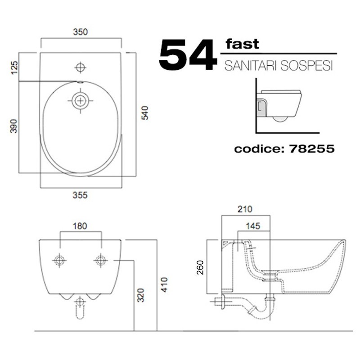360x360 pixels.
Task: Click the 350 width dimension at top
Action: (81, 32)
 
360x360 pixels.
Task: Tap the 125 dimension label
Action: (14, 68)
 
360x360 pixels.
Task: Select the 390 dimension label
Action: (14, 126)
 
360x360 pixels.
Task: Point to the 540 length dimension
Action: (144, 113)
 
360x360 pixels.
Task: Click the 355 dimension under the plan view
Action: (80, 195)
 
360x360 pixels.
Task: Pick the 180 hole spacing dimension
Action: (80, 226)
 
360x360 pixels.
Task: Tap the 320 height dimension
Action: (140, 295)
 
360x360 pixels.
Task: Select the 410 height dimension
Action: (164, 285)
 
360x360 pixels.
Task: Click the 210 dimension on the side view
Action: (245, 209)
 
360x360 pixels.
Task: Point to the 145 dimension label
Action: (253, 226)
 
